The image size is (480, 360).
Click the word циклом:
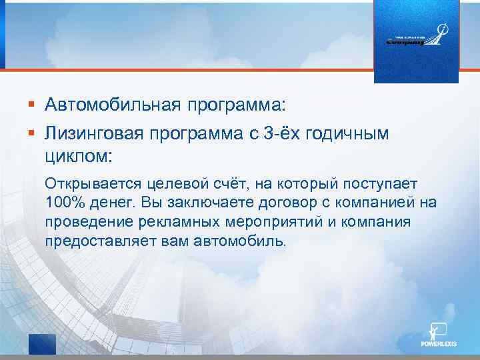tap(79, 157)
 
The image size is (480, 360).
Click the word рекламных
tap(162, 221)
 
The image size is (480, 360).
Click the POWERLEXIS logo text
tap(438, 346)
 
